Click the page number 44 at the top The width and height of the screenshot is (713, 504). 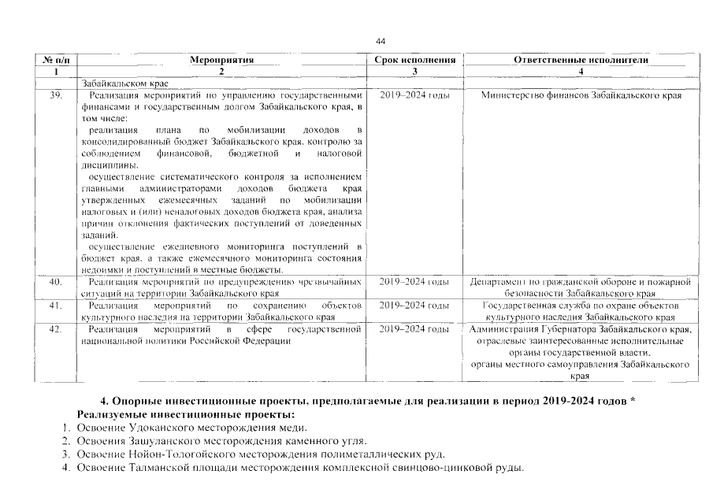pos(381,41)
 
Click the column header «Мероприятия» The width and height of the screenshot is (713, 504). pos(222,60)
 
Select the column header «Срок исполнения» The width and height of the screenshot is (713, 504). pos(417,60)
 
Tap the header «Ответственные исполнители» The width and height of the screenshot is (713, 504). pos(581,60)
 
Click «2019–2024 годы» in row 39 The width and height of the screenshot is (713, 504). pos(415,95)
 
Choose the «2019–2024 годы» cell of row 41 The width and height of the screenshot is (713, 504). pos(415,305)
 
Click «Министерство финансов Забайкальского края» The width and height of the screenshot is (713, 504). pos(581,95)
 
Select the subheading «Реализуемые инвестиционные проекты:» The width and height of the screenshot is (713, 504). pos(185,414)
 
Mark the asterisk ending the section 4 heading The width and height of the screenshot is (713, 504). pos(633,401)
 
